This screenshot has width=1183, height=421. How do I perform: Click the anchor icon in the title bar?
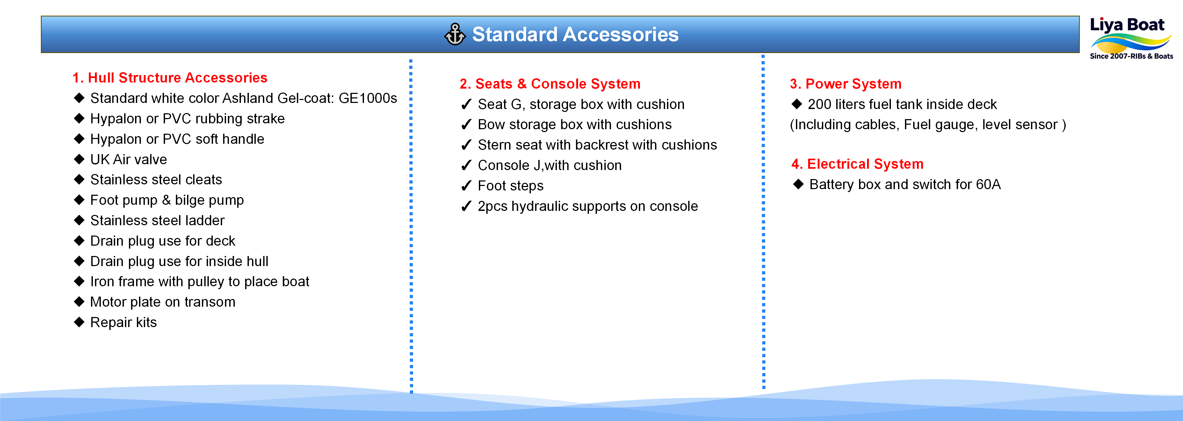coord(455,34)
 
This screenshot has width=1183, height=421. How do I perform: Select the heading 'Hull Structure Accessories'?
coord(177,77)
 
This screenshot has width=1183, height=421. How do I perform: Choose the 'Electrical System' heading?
coord(865,164)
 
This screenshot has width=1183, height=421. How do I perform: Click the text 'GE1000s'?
coord(368,98)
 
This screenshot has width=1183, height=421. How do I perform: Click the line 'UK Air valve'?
coord(129,159)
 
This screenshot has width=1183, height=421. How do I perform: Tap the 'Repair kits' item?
coord(124,322)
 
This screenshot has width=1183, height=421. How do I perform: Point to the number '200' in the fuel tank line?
coord(820,104)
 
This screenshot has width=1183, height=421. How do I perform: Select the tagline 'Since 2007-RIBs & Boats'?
coord(1132,56)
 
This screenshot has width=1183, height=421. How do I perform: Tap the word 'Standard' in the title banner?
coord(515,34)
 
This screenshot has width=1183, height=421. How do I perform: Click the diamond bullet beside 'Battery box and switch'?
coord(799,184)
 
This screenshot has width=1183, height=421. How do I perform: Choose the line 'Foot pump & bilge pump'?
coord(167,200)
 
